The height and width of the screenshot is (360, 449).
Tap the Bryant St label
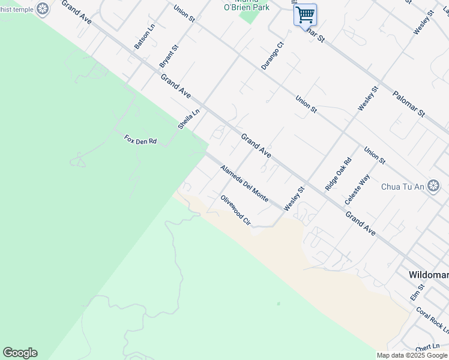click(x=169, y=55)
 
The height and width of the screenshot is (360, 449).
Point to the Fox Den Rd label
click(x=140, y=140)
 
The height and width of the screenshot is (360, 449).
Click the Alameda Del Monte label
click(x=244, y=184)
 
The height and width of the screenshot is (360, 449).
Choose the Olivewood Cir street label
click(x=235, y=210)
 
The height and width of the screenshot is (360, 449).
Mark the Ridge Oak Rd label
click(x=338, y=174)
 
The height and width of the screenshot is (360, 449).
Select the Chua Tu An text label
click(x=403, y=187)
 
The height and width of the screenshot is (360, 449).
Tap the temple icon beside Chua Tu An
click(x=434, y=185)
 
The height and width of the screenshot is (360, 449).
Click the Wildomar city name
click(x=429, y=274)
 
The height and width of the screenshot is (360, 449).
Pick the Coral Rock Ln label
click(x=432, y=320)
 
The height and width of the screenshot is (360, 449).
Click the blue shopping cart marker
click(x=306, y=14)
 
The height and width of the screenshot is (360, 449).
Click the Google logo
click(x=20, y=353)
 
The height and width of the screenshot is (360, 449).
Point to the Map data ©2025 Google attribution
click(x=412, y=355)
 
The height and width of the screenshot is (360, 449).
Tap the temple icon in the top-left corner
click(x=43, y=8)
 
